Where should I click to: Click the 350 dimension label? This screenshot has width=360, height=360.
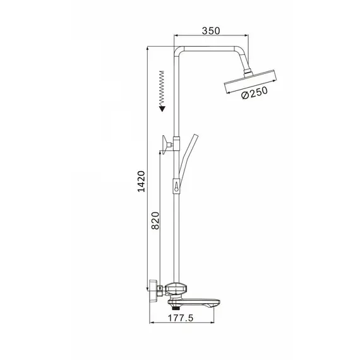point(211,30)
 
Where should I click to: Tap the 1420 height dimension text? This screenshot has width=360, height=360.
point(141,181)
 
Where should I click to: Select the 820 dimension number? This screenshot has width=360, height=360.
point(155,220)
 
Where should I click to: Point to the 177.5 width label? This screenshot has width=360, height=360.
point(181,318)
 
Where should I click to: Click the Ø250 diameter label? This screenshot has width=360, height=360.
point(255,92)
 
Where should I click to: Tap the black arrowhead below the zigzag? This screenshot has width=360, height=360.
point(162,109)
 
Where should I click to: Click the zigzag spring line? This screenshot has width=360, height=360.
point(162,88)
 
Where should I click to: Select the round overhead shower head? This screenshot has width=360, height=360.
point(250,81)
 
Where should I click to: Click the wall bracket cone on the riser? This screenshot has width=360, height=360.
point(165,145)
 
